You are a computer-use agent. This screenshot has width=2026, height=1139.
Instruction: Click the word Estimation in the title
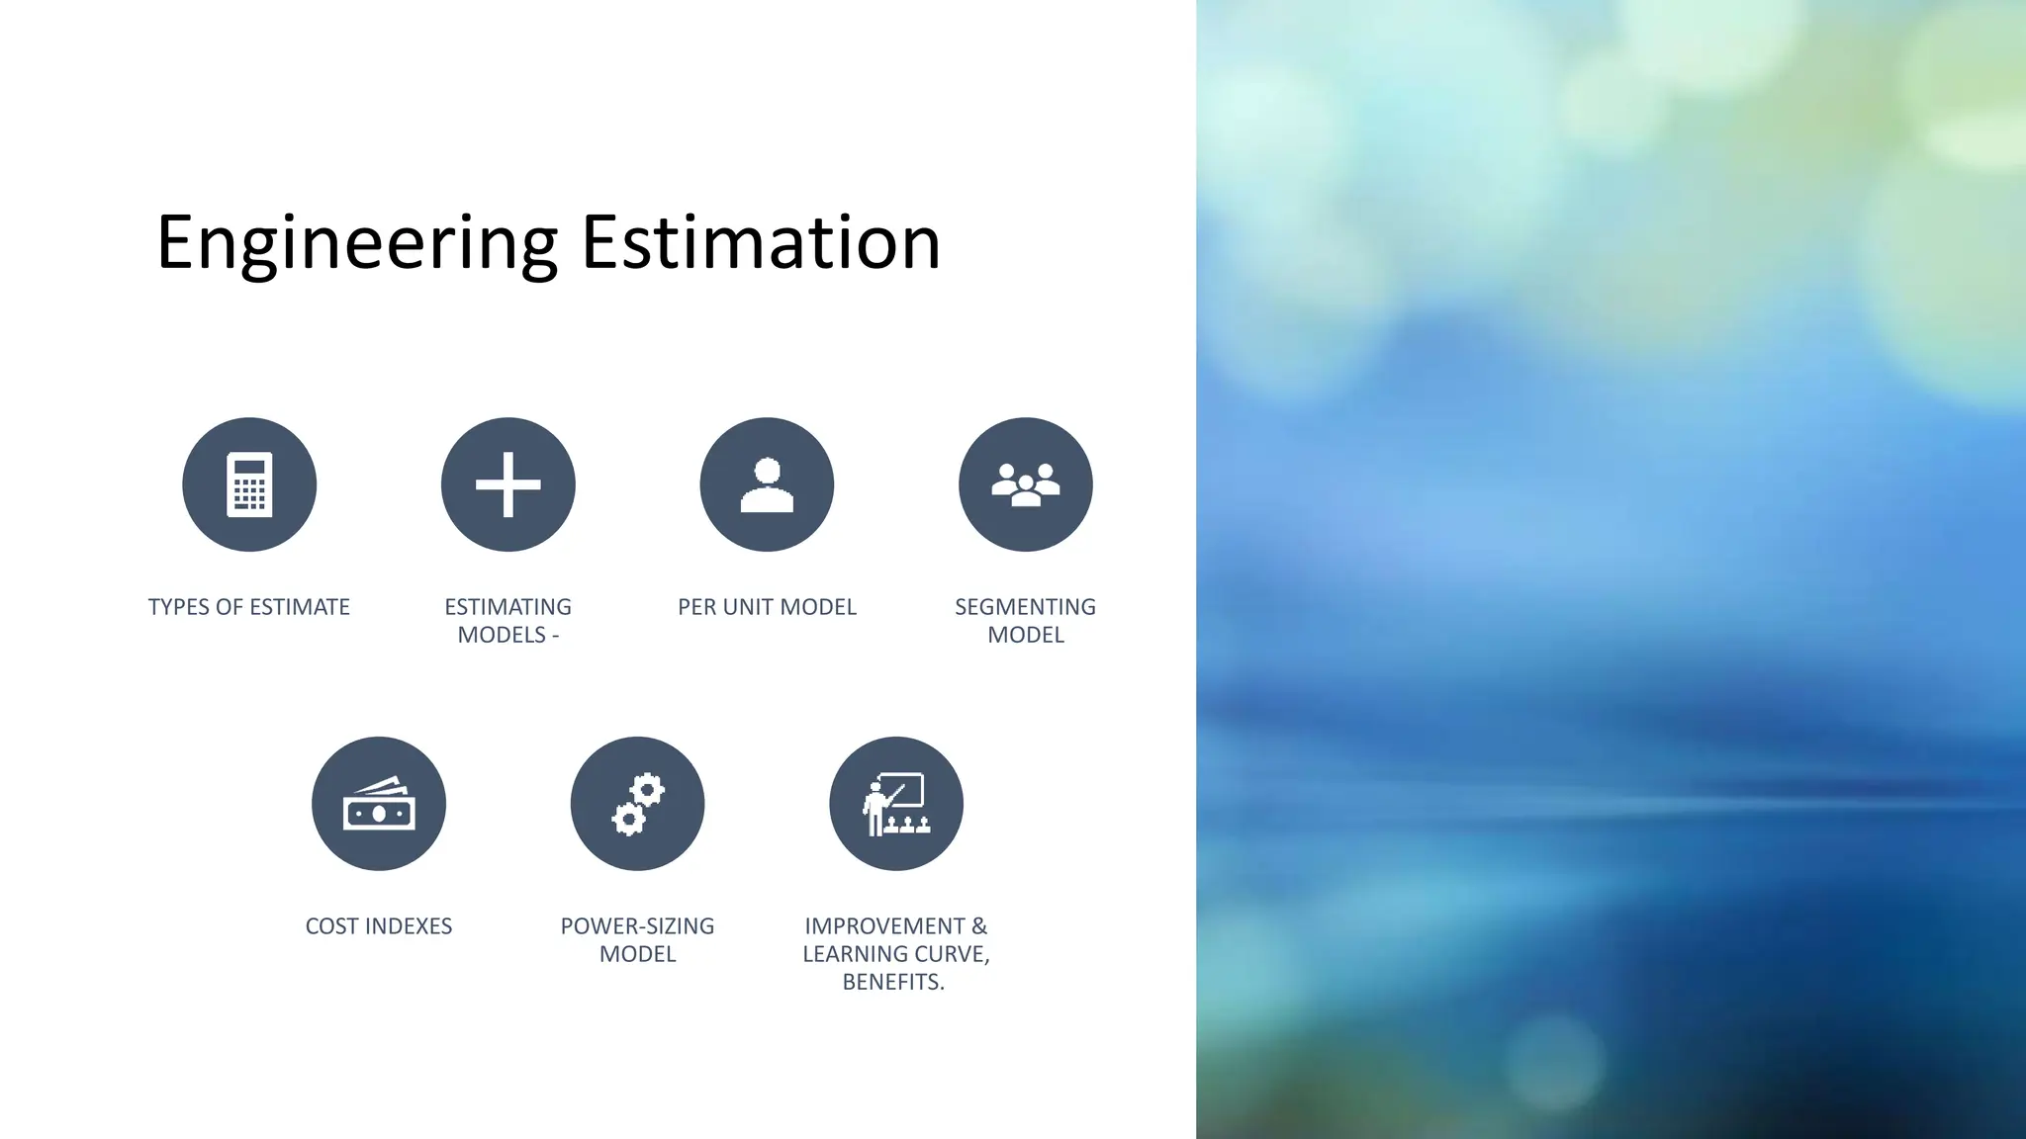click(x=760, y=243)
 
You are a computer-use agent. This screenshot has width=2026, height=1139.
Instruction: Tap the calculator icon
click(x=249, y=484)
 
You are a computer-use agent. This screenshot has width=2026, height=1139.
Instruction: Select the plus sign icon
click(x=507, y=484)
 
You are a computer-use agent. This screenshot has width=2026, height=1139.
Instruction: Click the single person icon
click(x=767, y=484)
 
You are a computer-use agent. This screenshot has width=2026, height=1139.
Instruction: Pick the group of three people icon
click(x=1026, y=484)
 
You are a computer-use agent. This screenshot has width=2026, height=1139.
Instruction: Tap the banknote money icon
click(x=379, y=804)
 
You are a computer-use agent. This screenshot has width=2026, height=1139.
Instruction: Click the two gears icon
click(x=638, y=804)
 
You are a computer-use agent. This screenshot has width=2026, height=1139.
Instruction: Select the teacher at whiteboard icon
click(x=896, y=804)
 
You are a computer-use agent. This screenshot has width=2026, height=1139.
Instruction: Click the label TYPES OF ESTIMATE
click(x=249, y=607)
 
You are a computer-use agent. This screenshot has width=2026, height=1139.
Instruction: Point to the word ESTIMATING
click(x=507, y=607)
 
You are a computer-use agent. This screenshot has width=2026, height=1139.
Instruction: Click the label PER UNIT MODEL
click(x=767, y=607)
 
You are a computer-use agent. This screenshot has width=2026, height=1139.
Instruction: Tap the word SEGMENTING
click(x=1025, y=607)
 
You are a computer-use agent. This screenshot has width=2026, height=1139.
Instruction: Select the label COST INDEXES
click(x=379, y=926)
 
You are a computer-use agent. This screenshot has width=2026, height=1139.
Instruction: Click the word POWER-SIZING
click(x=637, y=926)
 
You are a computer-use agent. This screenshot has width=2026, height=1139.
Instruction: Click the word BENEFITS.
click(x=893, y=982)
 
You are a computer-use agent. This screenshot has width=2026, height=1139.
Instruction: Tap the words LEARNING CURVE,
click(x=896, y=954)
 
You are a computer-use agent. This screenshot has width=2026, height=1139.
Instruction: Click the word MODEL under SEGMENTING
click(x=1026, y=635)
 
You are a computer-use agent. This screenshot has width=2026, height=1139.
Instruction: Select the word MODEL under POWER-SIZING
click(x=637, y=954)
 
